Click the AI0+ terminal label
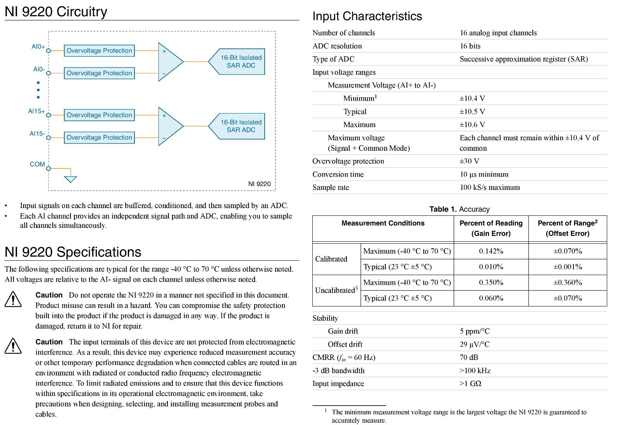point(38,47)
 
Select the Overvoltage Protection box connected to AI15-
point(99,138)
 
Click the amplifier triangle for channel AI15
point(169,126)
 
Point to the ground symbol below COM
point(71,179)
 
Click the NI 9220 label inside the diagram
point(259,184)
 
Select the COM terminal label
point(37,164)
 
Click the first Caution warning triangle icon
point(13,299)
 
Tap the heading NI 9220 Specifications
point(73,252)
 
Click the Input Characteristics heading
point(367,16)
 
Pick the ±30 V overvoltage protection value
point(469,161)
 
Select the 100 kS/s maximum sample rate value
point(490,188)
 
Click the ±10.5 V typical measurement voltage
point(472,112)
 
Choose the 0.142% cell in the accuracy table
point(491,251)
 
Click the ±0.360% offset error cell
point(567,282)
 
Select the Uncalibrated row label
point(336,290)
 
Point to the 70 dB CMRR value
point(469,357)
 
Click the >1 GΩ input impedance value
point(470,384)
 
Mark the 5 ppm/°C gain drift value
point(475,331)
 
